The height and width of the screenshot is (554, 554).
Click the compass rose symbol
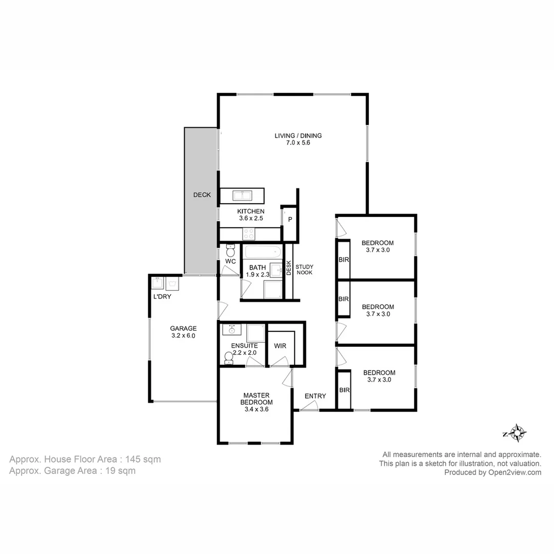tap(517, 433)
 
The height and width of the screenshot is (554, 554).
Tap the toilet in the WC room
tap(230, 250)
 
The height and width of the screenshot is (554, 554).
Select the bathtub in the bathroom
tap(263, 252)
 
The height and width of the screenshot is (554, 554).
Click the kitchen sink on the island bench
tap(242, 195)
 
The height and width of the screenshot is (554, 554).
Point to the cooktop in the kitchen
tap(249, 234)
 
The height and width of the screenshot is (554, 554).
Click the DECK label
tap(202, 195)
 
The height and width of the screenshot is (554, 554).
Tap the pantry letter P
tap(290, 220)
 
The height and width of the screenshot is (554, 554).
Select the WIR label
tap(280, 346)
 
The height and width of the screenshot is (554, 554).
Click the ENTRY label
tap(315, 396)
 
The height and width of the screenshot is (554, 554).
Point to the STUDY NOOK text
tap(304, 270)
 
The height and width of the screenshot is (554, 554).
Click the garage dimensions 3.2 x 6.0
tap(183, 335)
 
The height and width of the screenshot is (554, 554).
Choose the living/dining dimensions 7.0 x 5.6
tap(298, 143)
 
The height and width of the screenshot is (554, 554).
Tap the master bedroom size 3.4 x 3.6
tap(256, 409)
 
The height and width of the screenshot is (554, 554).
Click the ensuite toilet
tap(229, 358)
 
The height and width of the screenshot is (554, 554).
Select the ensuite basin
tap(232, 330)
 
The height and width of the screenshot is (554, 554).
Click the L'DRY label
tap(162, 296)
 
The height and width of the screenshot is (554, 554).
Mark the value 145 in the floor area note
tap(133, 459)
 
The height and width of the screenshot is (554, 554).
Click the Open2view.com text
tap(515, 472)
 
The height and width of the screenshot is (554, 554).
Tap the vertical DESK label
tap(289, 268)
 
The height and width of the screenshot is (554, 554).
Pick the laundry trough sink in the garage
tap(157, 283)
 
